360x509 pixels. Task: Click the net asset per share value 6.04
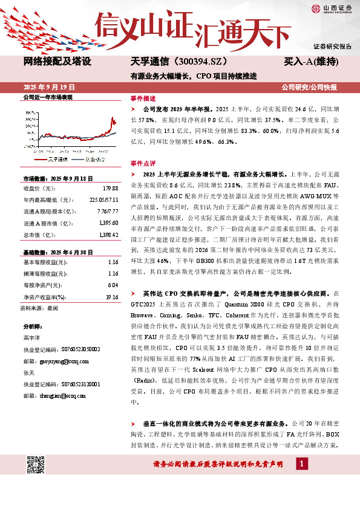[112, 285]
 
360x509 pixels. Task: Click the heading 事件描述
[143, 97]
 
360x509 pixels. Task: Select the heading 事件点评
[143, 163]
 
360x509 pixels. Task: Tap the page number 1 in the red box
[300, 463]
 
